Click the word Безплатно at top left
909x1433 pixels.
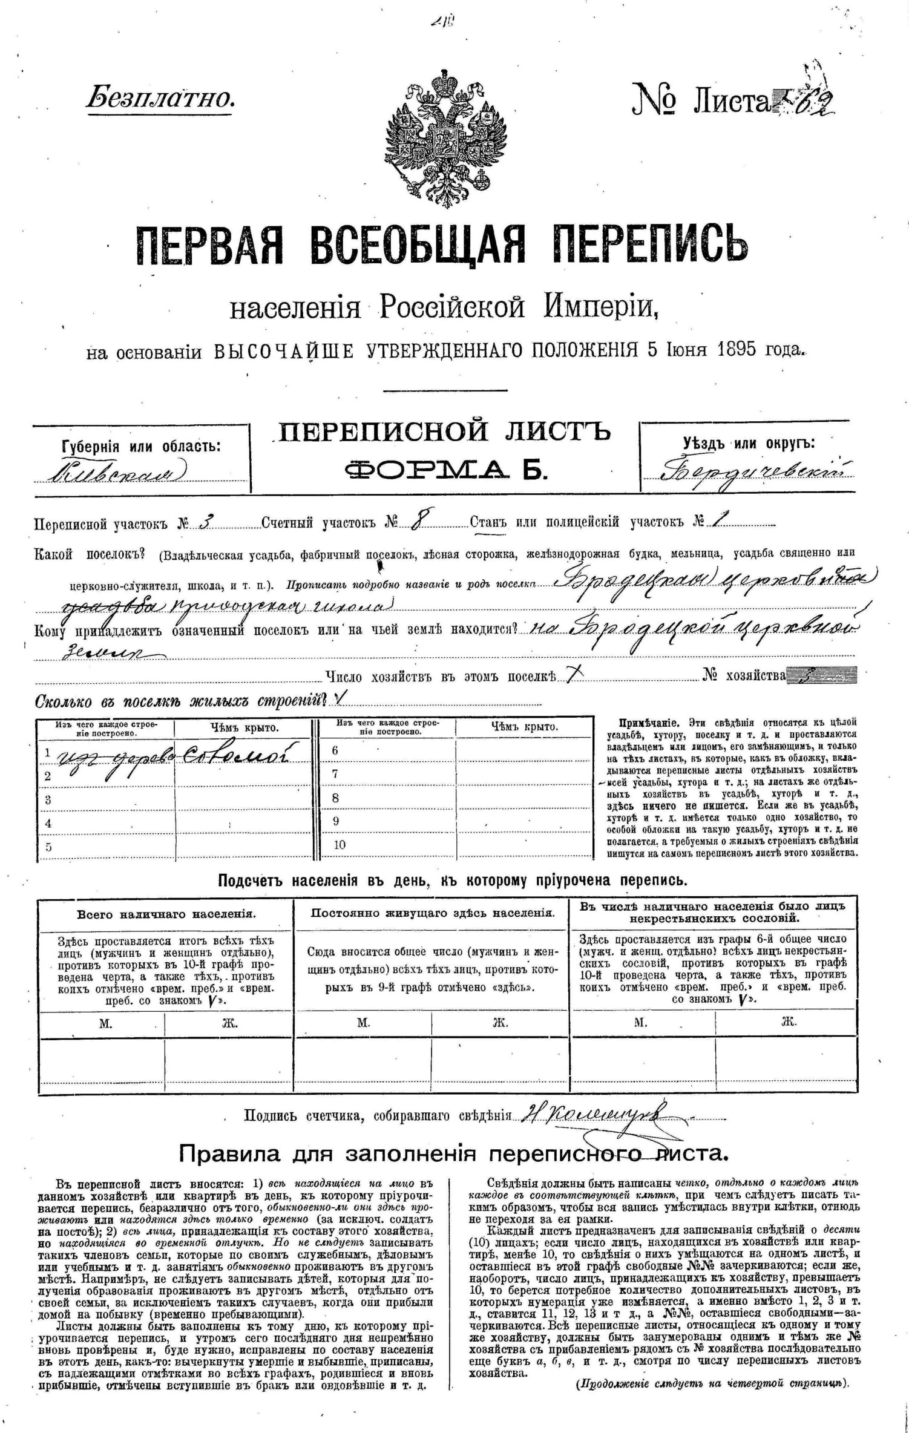coord(160,97)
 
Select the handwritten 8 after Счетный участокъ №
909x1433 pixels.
coord(416,521)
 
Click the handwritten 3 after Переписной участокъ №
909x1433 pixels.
coord(203,522)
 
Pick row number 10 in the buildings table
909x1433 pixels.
coord(339,844)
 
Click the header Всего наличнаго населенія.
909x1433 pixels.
coord(166,914)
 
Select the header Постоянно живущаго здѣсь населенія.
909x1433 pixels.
coord(432,913)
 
